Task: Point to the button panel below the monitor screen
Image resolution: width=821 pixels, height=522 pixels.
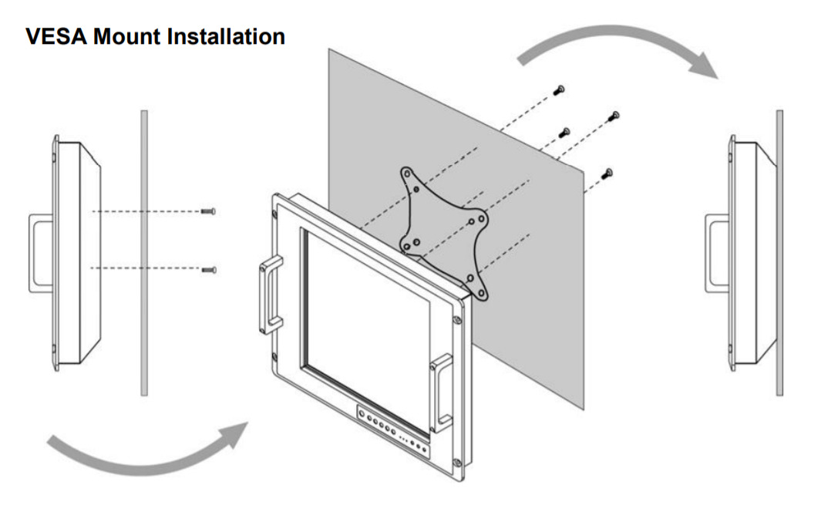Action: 392,433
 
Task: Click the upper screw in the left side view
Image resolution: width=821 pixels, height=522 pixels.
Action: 208,211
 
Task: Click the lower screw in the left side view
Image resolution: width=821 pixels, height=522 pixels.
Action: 208,269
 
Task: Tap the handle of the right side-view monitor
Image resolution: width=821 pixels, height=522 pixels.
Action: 717,254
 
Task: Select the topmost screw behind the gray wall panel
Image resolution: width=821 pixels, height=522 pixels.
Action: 559,91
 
